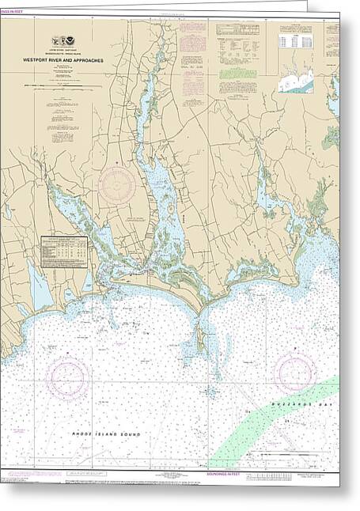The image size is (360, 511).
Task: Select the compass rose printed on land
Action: [117, 184]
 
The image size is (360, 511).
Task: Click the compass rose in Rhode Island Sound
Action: [66, 377]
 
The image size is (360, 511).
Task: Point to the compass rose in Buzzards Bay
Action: [294, 373]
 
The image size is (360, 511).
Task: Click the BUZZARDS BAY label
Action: [313, 403]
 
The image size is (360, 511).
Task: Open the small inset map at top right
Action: [296, 80]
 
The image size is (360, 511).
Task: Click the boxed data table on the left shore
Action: [63, 252]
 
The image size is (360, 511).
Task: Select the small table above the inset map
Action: [295, 40]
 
